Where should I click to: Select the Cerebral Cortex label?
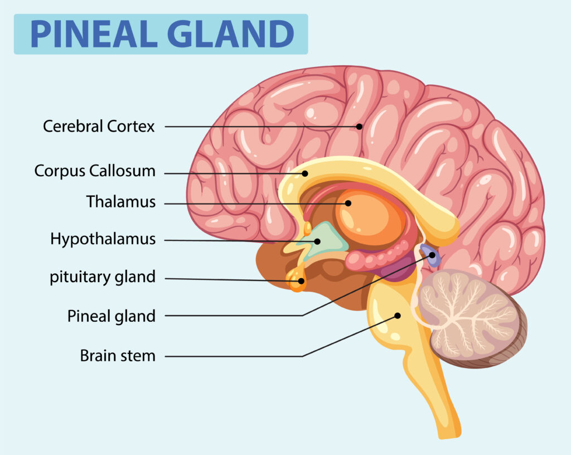pyautogui.click(x=99, y=127)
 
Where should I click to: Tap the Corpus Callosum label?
pyautogui.click(x=95, y=171)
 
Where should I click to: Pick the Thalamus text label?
pyautogui.click(x=121, y=202)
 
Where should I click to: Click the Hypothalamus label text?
pyautogui.click(x=103, y=239)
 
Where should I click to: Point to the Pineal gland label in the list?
pyautogui.click(x=112, y=316)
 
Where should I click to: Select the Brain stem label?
pyautogui.click(x=118, y=355)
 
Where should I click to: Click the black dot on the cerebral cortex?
pyautogui.click(x=360, y=127)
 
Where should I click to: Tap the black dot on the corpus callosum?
pyautogui.click(x=305, y=173)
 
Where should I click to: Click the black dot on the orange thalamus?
pyautogui.click(x=348, y=203)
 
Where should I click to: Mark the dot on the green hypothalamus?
pyautogui.click(x=317, y=241)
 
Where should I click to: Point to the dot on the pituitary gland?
pyautogui.click(x=301, y=280)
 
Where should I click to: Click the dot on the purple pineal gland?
pyautogui.click(x=432, y=255)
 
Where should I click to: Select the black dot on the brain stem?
pyautogui.click(x=398, y=316)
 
